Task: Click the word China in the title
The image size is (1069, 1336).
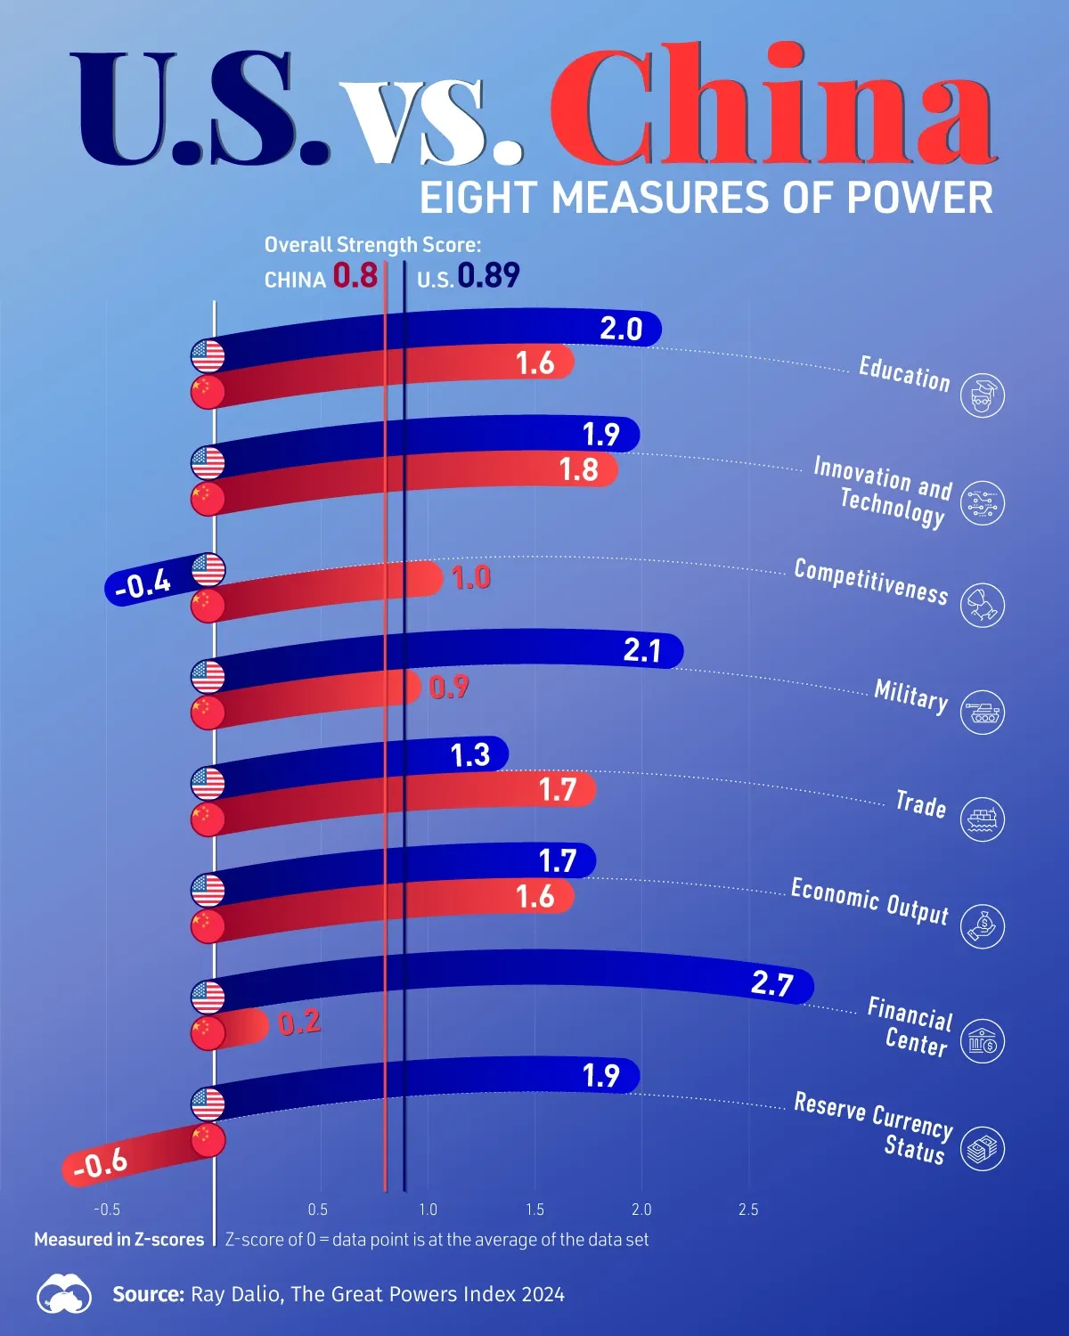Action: (771, 107)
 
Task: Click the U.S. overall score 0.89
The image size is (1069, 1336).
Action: (488, 276)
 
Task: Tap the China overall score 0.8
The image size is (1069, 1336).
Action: (355, 276)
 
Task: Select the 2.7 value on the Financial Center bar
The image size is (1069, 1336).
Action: (771, 983)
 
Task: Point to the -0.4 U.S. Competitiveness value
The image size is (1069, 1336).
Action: (143, 584)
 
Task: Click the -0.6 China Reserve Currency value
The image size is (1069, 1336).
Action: (100, 1163)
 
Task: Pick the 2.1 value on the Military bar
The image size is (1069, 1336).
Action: (641, 650)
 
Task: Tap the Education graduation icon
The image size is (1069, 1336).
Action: (983, 395)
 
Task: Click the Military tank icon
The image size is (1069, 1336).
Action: (983, 713)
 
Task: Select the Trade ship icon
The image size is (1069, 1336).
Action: (983, 819)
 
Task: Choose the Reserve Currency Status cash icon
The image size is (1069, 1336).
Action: (983, 1148)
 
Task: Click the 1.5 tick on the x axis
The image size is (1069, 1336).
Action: (534, 1210)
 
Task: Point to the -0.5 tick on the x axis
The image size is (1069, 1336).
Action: (107, 1210)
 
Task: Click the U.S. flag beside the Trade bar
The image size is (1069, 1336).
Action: (208, 784)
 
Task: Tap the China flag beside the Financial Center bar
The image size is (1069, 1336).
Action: (208, 1032)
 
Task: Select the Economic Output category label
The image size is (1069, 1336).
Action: (869, 900)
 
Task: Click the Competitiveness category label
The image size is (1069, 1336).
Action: (870, 582)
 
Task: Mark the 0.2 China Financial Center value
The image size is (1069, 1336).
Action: (299, 1022)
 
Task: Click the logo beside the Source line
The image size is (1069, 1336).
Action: (64, 1294)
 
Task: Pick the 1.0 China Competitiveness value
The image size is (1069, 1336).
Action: (471, 577)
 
